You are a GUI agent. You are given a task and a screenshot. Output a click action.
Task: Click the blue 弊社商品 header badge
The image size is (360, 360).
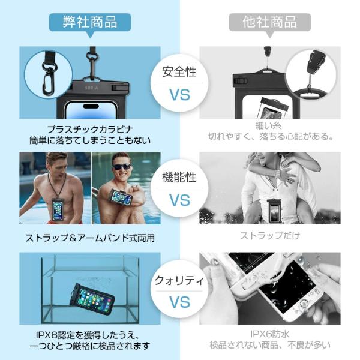coord(90,23)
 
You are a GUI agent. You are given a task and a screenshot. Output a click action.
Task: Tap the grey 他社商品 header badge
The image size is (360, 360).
coord(270,23)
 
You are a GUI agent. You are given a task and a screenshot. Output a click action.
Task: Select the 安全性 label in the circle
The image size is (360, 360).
coord(179,71)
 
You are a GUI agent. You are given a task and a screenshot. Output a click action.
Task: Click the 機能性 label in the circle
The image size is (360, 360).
coord(179,177)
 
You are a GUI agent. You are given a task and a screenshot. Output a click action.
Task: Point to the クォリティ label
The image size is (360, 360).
coord(179,281)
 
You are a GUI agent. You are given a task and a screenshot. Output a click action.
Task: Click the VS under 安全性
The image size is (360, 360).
coord(180,95)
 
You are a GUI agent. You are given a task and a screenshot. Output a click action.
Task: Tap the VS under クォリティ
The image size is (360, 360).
coord(180,302)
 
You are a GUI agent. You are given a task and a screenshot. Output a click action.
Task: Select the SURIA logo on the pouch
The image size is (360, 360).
coord(92,88)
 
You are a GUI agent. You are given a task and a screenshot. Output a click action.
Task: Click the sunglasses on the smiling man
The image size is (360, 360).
coord(122,167)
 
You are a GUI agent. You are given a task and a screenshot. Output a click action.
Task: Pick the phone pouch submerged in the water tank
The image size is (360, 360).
coord(92,298)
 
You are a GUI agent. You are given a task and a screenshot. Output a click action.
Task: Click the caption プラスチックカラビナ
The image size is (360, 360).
coord(90,130)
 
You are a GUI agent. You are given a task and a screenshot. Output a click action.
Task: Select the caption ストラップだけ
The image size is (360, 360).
coord(270,236)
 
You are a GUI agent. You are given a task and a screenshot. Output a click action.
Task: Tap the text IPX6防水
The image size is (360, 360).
coord(270,334)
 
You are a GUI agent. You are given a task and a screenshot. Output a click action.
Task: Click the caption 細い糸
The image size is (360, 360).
coord(268,125)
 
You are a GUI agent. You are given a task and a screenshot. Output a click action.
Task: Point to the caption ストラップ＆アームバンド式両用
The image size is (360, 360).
coord(90,238)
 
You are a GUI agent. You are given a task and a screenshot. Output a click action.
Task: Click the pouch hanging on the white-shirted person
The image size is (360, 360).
coord(274,211)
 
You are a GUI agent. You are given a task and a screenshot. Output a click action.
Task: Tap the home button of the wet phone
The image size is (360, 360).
coord(303,304)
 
